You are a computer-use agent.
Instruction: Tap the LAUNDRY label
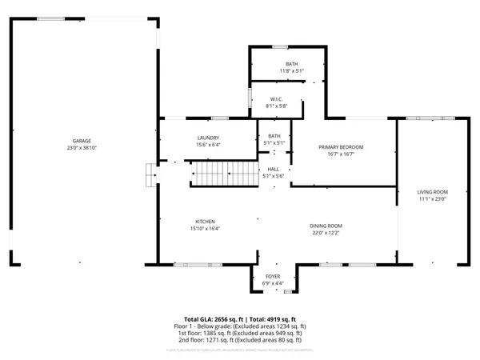pyautogui.click(x=208, y=138)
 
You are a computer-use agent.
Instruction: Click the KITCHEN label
pyautogui.click(x=205, y=222)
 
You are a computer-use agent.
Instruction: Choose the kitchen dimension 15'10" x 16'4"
pyautogui.click(x=205, y=229)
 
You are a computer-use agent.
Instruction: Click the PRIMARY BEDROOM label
pyautogui.click(x=341, y=147)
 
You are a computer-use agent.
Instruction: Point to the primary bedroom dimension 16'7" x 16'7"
pyautogui.click(x=341, y=154)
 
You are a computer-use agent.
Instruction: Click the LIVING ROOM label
pyautogui.click(x=432, y=192)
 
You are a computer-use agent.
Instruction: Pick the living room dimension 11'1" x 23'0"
pyautogui.click(x=432, y=199)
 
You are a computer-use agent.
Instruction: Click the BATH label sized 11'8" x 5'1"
pyautogui.click(x=291, y=64)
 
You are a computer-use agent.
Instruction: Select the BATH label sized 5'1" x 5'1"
pyautogui.click(x=274, y=136)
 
